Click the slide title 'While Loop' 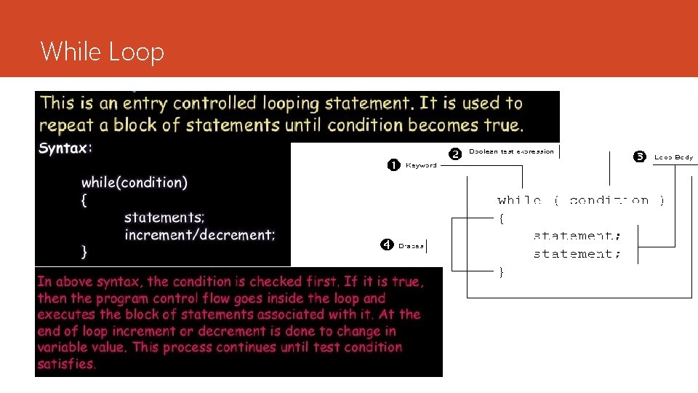103,52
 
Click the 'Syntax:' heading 65,148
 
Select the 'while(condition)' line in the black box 134,183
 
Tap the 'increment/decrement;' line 200,235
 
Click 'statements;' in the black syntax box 164,218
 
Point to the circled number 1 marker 393,164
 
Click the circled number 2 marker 454,153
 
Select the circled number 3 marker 640,156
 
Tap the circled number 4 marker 387,245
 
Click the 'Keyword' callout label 421,165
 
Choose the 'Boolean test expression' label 511,152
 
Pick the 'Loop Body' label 673,156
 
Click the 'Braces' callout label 411,246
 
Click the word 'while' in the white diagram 519,200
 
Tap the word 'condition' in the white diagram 609,200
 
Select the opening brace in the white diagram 501,218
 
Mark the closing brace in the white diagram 501,271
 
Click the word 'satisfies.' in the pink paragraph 66,364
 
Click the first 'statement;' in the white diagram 577,236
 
